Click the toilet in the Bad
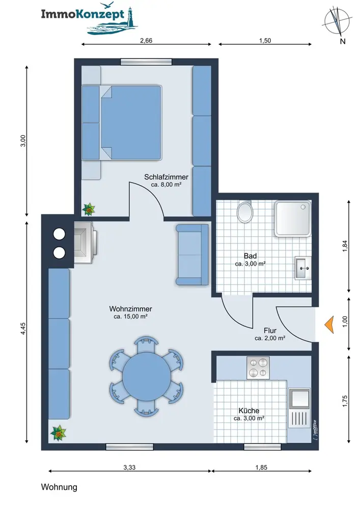(x=244, y=211)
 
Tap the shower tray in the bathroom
(x=292, y=219)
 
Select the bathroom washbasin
(x=303, y=268)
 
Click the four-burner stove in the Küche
(x=258, y=368)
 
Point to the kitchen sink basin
(x=299, y=399)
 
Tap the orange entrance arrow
(x=329, y=325)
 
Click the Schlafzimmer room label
(x=166, y=177)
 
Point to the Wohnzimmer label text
(x=130, y=309)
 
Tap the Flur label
(x=270, y=330)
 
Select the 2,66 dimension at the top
(x=146, y=41)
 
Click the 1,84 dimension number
(x=345, y=246)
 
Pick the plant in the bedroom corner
(x=88, y=209)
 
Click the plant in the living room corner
(x=58, y=433)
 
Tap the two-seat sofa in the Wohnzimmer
(x=192, y=255)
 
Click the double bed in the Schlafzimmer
(x=122, y=123)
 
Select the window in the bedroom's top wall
(x=146, y=62)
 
